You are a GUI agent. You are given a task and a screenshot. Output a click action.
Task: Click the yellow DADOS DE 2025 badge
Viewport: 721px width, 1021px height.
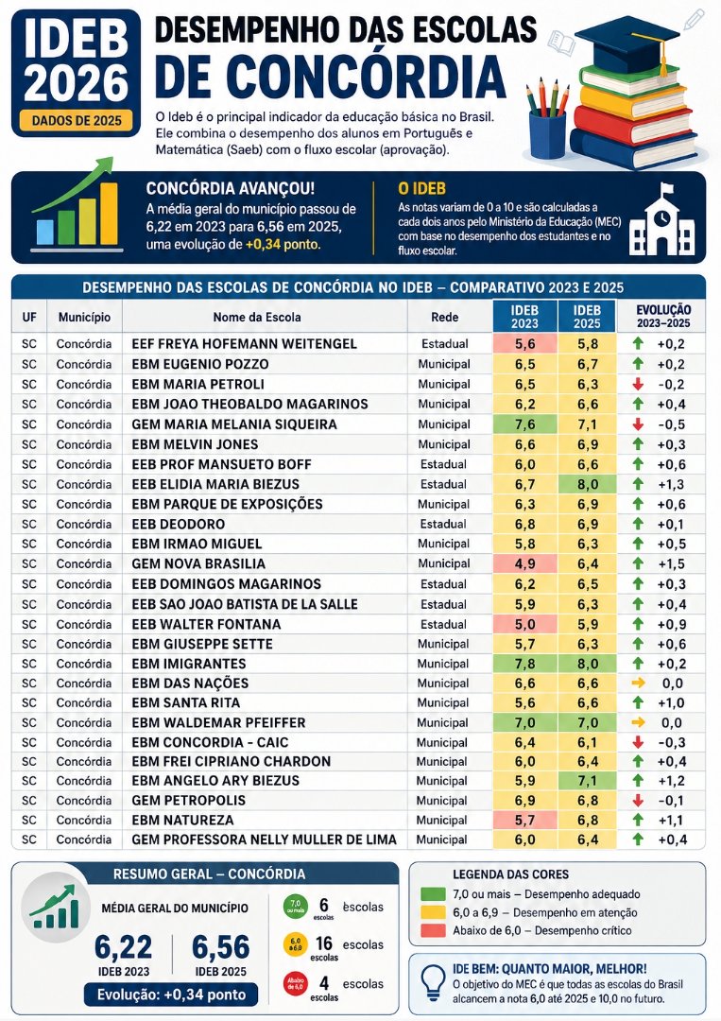pyautogui.click(x=77, y=120)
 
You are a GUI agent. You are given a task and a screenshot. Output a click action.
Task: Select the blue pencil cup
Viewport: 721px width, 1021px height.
pyautogui.click(x=547, y=135)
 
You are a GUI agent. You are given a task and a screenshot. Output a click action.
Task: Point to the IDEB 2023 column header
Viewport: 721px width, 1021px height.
pyautogui.click(x=524, y=317)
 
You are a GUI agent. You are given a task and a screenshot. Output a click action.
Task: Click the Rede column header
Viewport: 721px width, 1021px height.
pyautogui.click(x=444, y=317)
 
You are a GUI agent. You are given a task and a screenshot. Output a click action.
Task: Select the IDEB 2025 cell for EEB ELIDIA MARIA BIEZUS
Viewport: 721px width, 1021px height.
pyautogui.click(x=588, y=484)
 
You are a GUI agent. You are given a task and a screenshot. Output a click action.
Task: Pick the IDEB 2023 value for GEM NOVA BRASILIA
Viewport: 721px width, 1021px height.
pyautogui.click(x=525, y=563)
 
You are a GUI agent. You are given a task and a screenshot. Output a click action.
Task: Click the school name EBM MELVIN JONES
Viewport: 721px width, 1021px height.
pyautogui.click(x=196, y=444)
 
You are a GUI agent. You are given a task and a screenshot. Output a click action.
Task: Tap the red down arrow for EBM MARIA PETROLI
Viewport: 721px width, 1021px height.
pyautogui.click(x=638, y=384)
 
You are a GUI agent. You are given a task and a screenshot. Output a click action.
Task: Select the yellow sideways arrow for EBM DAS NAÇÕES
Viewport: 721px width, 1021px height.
pyautogui.click(x=639, y=684)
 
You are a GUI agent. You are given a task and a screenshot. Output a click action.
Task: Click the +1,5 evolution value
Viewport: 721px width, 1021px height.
pyautogui.click(x=672, y=563)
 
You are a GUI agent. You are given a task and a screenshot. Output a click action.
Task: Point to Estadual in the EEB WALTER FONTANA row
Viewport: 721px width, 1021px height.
pyautogui.click(x=444, y=625)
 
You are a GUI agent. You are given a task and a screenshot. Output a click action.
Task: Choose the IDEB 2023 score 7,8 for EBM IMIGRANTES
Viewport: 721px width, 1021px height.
pyautogui.click(x=525, y=664)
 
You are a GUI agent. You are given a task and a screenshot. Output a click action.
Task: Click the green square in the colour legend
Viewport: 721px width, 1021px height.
pyautogui.click(x=433, y=894)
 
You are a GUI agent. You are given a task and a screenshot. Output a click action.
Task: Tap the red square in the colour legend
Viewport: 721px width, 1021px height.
pyautogui.click(x=433, y=930)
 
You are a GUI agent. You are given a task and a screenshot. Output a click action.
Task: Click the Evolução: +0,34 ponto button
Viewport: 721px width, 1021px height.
pyautogui.click(x=171, y=995)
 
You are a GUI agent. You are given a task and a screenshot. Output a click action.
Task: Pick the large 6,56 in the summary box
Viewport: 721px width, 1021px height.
pyautogui.click(x=220, y=946)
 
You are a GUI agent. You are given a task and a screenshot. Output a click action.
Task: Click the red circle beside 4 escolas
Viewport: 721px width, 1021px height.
pyautogui.click(x=296, y=984)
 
